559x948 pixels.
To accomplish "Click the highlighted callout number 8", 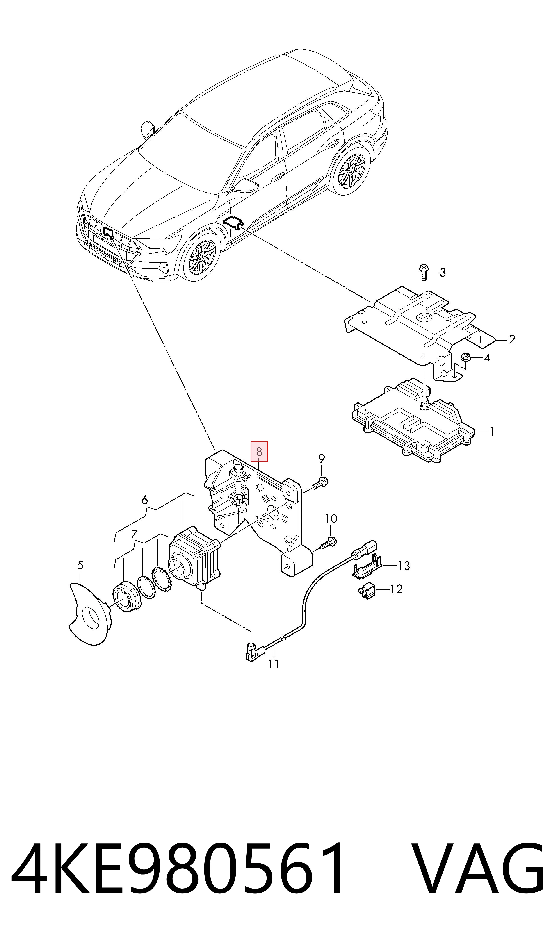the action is (x=259, y=451).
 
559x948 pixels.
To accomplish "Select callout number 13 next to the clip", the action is (x=404, y=566).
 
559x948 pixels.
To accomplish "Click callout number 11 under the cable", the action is (x=274, y=664).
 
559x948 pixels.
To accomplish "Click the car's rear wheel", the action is (x=351, y=171).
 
